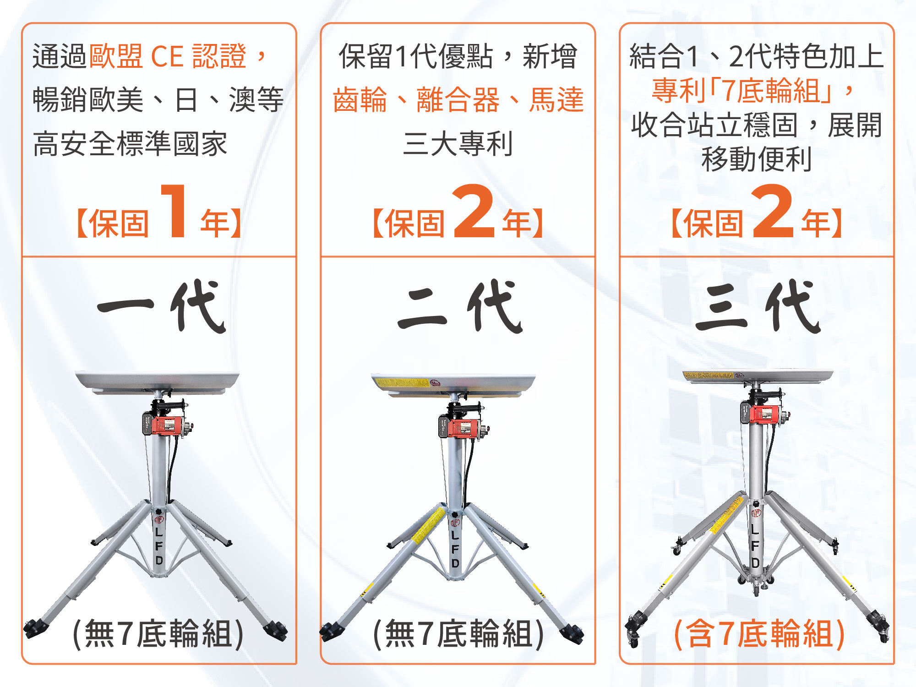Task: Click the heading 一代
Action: click(161, 306)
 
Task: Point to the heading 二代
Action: click(460, 306)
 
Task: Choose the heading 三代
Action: click(758, 306)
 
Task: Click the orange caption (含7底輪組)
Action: click(759, 634)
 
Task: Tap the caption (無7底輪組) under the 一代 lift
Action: click(158, 634)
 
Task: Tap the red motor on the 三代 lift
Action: click(762, 414)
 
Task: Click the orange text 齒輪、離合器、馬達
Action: click(458, 99)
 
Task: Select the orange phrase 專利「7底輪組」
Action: click(742, 90)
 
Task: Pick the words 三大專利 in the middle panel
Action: click(458, 143)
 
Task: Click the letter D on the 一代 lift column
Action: click(159, 560)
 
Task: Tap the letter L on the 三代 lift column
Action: click(755, 529)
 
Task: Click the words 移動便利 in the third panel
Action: click(757, 159)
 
